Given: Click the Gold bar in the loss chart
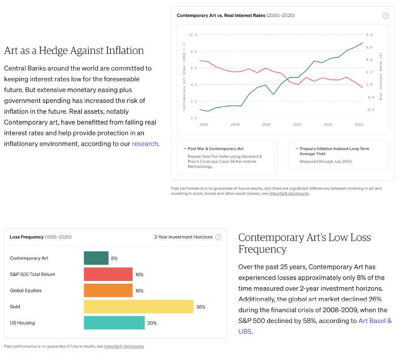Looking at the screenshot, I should [x=139, y=307].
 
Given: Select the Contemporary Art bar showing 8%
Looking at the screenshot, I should [x=96, y=258].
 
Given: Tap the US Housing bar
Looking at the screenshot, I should [x=114, y=322].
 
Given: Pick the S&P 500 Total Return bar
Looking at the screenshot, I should [x=108, y=274].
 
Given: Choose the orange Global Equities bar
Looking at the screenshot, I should [x=108, y=291].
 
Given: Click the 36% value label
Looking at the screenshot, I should [x=201, y=307].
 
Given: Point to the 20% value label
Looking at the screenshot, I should [x=152, y=322].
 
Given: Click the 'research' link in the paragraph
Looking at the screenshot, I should [x=145, y=144].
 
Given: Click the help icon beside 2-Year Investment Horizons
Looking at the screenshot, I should [x=218, y=237].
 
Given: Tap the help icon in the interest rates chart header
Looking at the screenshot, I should [x=386, y=15].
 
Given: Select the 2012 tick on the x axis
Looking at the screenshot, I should [x=297, y=124].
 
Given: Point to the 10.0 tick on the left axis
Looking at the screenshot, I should [x=193, y=35].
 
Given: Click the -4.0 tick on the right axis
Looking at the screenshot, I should [x=370, y=110].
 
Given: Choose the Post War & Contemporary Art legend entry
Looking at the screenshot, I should [x=215, y=148].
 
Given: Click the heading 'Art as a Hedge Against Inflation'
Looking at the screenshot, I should [x=74, y=51].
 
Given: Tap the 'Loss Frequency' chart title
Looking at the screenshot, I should [x=26, y=237].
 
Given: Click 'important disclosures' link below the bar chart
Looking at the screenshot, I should [x=124, y=346].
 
